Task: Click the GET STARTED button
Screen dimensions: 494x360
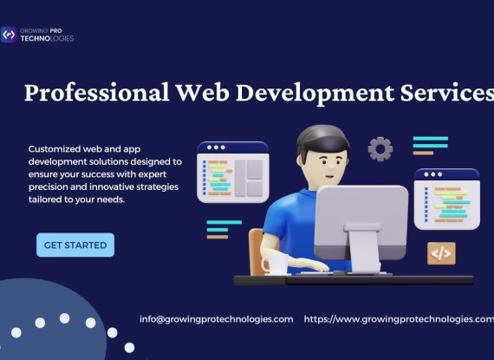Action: pyautogui.click(x=75, y=245)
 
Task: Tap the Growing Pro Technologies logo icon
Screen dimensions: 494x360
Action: pyautogui.click(x=9, y=35)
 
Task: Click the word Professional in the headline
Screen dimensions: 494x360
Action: pyautogui.click(x=97, y=93)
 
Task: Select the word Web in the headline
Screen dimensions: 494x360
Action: pyautogui.click(x=202, y=92)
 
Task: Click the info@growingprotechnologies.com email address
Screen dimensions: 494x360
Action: pyautogui.click(x=216, y=319)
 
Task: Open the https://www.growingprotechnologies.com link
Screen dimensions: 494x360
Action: pyautogui.click(x=399, y=319)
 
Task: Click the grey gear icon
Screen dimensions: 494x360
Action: pyautogui.click(x=380, y=149)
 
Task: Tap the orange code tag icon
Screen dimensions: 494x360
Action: pyautogui.click(x=441, y=253)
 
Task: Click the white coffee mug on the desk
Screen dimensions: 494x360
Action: pyautogui.click(x=276, y=265)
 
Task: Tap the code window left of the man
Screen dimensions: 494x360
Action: pyautogui.click(x=233, y=172)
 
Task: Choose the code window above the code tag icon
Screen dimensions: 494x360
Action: pyautogui.click(x=446, y=199)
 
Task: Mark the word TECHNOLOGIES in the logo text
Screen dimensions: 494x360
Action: pyautogui.click(x=47, y=38)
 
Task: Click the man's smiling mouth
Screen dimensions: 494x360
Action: pyautogui.click(x=329, y=177)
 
